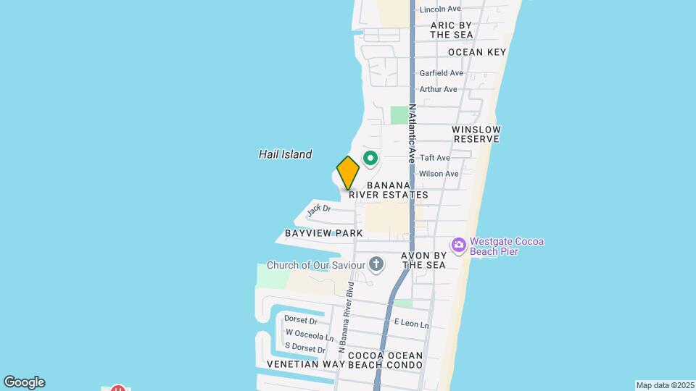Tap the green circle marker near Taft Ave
(370, 158)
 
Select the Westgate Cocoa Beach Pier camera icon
(458, 246)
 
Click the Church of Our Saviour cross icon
(376, 264)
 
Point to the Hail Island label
(285, 154)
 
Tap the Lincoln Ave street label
(440, 9)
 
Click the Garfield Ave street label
(441, 73)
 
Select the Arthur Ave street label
(438, 89)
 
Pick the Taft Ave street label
(435, 158)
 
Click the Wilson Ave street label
(439, 174)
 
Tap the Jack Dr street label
(318, 210)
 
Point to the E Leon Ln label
(411, 324)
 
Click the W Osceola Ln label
(310, 335)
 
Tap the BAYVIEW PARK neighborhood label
(313, 234)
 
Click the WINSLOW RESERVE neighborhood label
(476, 134)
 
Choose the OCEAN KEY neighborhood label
(476, 52)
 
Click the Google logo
(24, 382)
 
